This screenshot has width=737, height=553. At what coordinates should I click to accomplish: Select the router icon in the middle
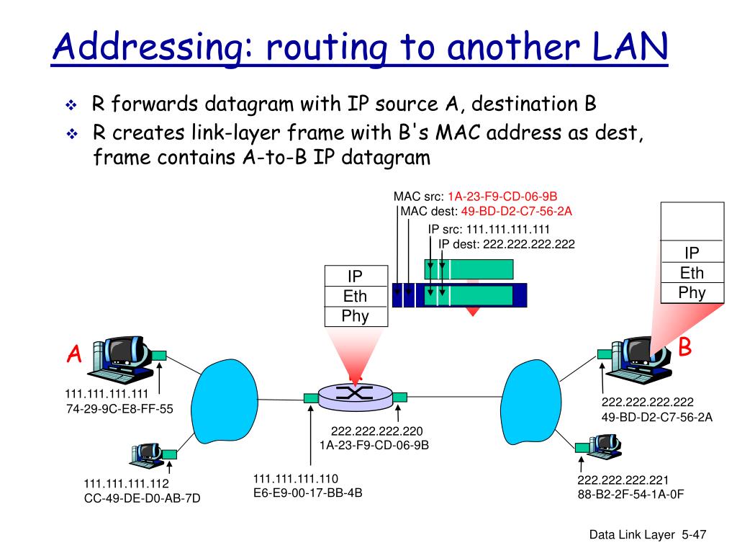[353, 393]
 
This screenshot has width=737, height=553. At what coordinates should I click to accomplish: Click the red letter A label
[74, 354]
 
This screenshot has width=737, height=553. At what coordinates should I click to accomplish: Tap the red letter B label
[685, 348]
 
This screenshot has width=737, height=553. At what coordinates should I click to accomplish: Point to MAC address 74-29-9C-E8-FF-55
[119, 408]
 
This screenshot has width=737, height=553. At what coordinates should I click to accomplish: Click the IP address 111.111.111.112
[126, 483]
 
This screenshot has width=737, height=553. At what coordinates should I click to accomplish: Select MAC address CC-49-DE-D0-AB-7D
[142, 497]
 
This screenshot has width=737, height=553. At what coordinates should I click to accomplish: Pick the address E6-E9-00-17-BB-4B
[307, 493]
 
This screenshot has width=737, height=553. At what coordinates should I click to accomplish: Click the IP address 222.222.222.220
[376, 431]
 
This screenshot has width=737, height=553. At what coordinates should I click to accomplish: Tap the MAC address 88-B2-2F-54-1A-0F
[630, 495]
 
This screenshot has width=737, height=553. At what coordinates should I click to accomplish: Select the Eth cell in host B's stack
[692, 273]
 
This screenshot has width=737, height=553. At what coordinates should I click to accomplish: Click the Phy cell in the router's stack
[355, 316]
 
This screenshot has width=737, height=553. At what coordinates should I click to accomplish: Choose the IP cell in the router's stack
[355, 276]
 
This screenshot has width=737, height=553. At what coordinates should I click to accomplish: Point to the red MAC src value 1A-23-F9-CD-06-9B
[502, 197]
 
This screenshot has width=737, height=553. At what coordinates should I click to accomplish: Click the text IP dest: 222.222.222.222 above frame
[507, 244]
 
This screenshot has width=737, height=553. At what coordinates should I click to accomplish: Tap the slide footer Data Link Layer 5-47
[648, 534]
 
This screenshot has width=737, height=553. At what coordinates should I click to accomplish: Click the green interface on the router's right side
[400, 396]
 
